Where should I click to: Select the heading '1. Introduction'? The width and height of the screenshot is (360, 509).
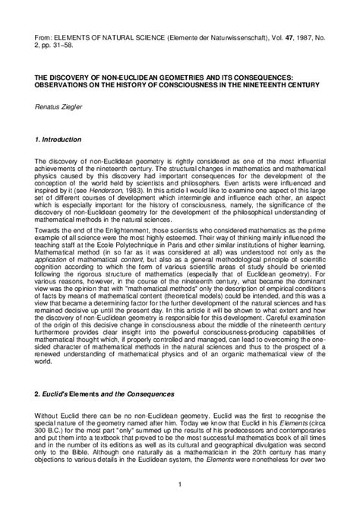[x=62, y=141]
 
